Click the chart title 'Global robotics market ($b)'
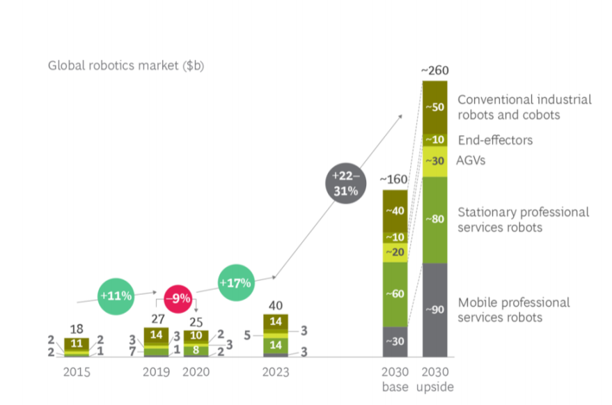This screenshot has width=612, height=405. click(125, 66)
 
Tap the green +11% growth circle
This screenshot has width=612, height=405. click(116, 295)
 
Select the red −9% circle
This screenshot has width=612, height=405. click(178, 298)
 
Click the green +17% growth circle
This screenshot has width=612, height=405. click(236, 284)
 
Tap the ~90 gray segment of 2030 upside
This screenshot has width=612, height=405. click(436, 310)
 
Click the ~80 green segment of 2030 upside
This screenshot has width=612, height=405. click(436, 220)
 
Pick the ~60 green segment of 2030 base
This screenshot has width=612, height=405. click(395, 294)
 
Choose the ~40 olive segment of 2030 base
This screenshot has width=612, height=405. click(395, 211)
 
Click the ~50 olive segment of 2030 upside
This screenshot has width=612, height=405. click(436, 107)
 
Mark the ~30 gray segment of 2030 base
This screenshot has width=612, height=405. click(395, 342)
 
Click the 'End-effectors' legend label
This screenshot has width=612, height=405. click(495, 140)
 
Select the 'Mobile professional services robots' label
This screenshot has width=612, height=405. click(514, 310)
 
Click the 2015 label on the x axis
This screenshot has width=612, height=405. click(77, 372)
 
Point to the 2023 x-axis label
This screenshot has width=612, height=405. click(276, 372)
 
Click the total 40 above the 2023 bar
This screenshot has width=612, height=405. click(276, 305)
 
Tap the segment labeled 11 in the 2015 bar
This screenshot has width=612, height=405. click(77, 344)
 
